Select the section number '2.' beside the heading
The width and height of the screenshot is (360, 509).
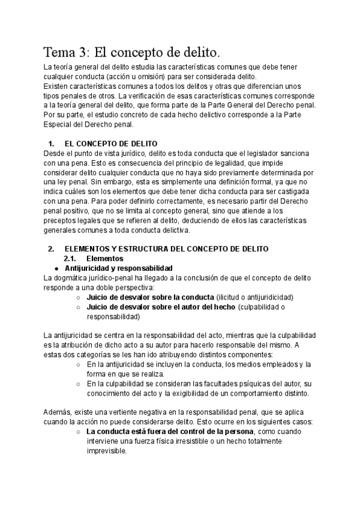pos(51,249)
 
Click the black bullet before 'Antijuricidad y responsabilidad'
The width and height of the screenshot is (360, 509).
pos(56,268)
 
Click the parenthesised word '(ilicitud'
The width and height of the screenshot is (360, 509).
pos(231,297)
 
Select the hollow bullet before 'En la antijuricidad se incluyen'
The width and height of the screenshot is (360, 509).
pos(79,365)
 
